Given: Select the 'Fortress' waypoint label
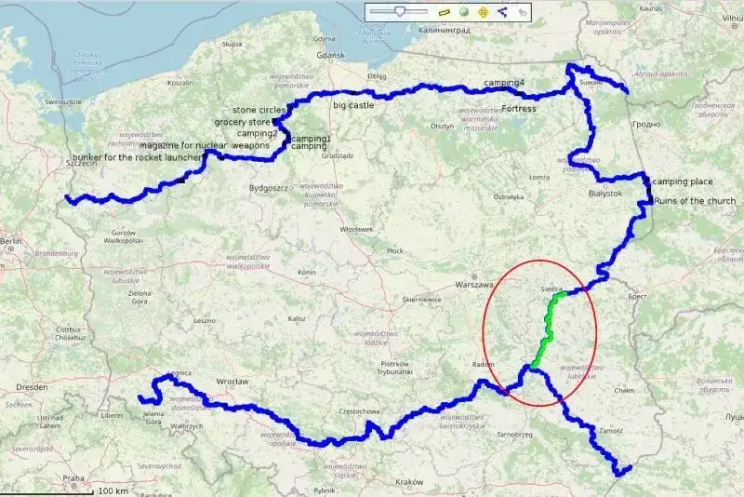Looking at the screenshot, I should [x=518, y=109].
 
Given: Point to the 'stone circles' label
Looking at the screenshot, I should [x=259, y=110].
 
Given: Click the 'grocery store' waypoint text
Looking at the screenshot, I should [x=242, y=122].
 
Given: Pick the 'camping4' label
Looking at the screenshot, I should [x=503, y=84].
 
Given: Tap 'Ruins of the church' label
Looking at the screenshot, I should [x=695, y=201].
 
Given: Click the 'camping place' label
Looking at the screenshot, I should [x=683, y=181].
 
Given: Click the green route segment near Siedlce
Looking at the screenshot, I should [x=549, y=326].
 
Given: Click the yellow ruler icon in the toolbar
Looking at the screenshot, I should [x=443, y=12].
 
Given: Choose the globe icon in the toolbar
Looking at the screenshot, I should [x=462, y=12].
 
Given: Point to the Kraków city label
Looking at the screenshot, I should [x=409, y=482].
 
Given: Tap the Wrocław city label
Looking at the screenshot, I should [x=231, y=382].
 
